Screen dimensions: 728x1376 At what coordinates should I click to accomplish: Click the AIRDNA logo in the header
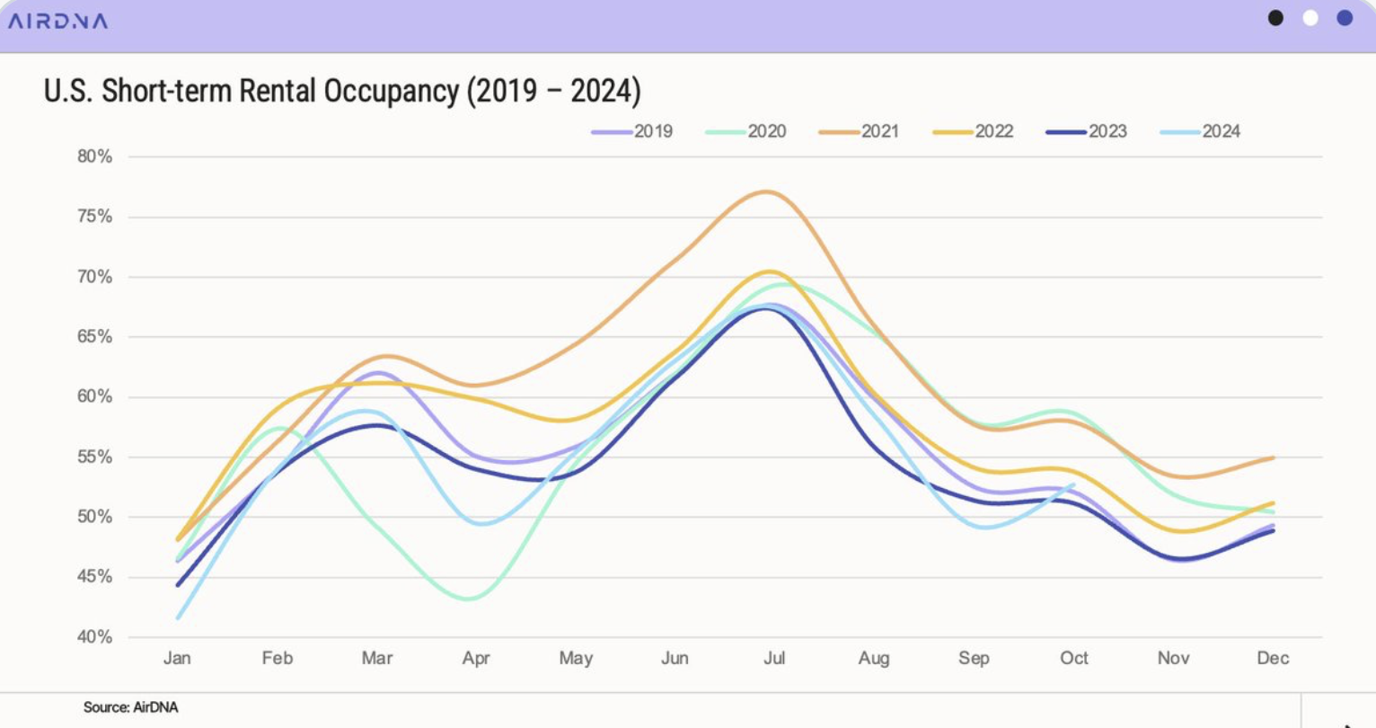(57, 21)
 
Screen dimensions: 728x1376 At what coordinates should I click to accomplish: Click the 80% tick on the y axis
(94, 156)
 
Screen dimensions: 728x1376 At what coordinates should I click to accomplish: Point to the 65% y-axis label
(94, 337)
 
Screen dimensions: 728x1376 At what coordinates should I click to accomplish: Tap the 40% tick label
(94, 637)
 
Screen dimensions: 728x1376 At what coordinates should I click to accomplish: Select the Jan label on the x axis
(177, 658)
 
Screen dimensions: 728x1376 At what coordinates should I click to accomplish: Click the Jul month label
(774, 658)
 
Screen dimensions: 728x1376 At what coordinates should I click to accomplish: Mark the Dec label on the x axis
(1273, 658)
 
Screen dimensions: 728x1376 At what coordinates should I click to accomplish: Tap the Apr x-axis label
(476, 658)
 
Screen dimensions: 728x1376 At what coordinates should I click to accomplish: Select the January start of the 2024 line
(178, 617)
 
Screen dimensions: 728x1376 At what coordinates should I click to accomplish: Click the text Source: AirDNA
(130, 707)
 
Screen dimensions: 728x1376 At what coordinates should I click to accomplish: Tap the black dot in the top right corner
(1275, 18)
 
